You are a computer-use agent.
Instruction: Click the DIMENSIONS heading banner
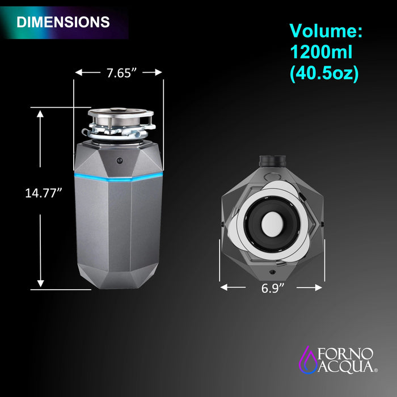64,22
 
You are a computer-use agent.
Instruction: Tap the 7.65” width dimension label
121,73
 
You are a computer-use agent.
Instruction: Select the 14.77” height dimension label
44,193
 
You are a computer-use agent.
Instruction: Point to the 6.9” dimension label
273,288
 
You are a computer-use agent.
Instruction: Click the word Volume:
326,31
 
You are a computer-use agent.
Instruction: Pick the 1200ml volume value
321,52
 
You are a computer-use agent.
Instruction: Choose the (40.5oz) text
324,73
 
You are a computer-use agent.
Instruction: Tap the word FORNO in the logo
345,354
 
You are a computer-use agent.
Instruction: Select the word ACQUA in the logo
345,366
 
